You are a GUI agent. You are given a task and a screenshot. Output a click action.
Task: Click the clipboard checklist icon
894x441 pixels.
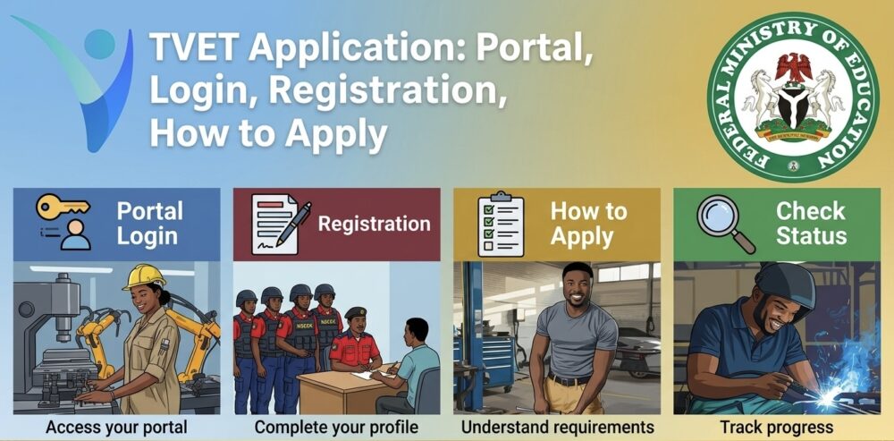click(501, 224)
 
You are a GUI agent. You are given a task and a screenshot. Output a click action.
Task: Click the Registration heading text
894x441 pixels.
click(374, 224)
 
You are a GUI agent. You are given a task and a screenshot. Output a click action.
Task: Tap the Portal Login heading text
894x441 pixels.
click(150, 224)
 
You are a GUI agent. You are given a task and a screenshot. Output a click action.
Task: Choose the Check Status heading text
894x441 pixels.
click(810, 224)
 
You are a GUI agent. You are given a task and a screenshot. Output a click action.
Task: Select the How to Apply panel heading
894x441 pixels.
click(587, 224)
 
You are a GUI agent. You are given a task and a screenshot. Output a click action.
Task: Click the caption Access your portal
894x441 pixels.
click(116, 427)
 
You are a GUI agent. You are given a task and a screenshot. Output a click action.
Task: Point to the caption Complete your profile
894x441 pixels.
click(336, 427)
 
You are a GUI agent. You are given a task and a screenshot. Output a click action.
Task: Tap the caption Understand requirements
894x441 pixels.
click(557, 427)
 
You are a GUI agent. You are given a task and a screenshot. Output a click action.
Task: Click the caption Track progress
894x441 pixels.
click(777, 427)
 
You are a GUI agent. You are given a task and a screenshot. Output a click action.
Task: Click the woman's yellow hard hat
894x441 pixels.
click(145, 276)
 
